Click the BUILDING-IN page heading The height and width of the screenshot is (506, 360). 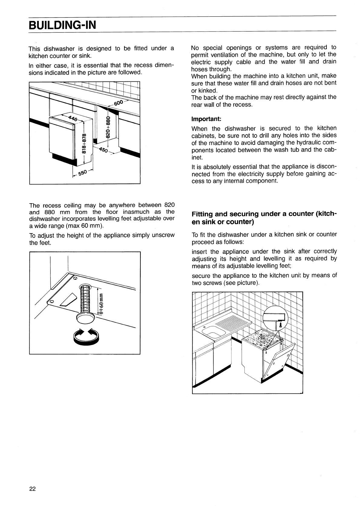click(x=62, y=24)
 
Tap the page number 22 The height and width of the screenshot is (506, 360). click(x=32, y=489)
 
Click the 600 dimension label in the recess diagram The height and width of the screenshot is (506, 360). click(x=119, y=104)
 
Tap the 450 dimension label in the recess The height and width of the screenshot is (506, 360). click(x=103, y=150)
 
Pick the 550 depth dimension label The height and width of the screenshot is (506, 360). click(x=83, y=173)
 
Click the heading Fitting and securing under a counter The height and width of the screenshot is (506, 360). click(x=264, y=218)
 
